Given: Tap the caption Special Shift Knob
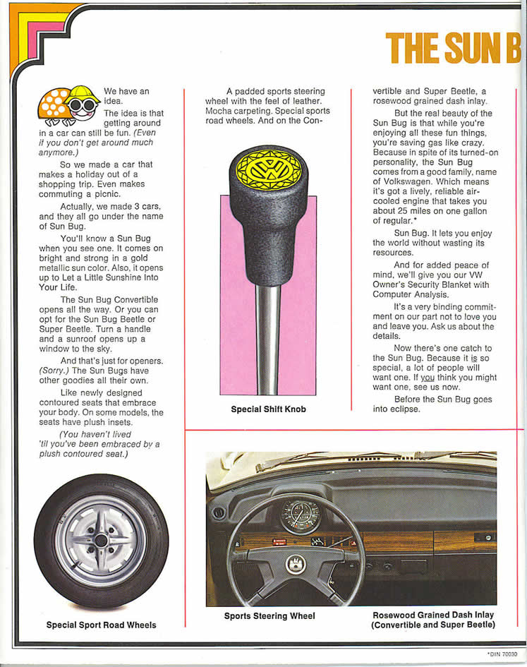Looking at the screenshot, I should click(x=268, y=409).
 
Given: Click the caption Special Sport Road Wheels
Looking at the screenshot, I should click(x=101, y=625).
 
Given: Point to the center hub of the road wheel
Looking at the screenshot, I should click(x=101, y=540).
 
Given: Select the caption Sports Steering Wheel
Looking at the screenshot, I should click(x=269, y=616).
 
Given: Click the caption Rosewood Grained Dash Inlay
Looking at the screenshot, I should click(x=433, y=615).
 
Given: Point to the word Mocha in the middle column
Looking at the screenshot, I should click(x=219, y=111).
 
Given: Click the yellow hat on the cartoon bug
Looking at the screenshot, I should click(x=82, y=92).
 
